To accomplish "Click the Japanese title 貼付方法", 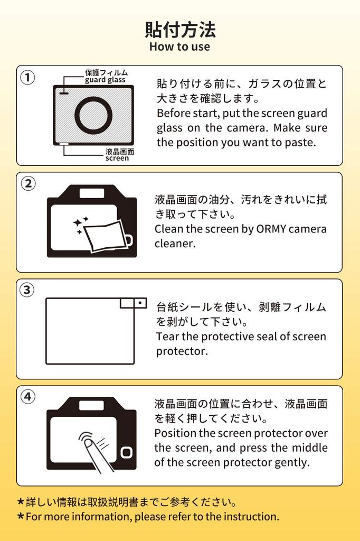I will point(180,30).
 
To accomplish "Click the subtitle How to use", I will point(179,46).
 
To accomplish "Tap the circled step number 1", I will point(27,78).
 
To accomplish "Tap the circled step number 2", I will point(27,184).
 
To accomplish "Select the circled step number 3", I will point(27,290).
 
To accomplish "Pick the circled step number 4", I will point(27,397).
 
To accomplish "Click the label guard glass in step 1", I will point(106,80).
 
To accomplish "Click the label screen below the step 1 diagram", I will point(117,158).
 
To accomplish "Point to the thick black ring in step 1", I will point(93,115).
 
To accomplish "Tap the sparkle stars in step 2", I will point(81,225).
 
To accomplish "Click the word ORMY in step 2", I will point(271,229).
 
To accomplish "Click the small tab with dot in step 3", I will point(140,303).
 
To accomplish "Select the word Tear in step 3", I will point(167,337).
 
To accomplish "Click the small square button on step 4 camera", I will point(126,452).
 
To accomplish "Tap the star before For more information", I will point(21,516).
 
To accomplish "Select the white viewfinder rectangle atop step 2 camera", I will point(91,193).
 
